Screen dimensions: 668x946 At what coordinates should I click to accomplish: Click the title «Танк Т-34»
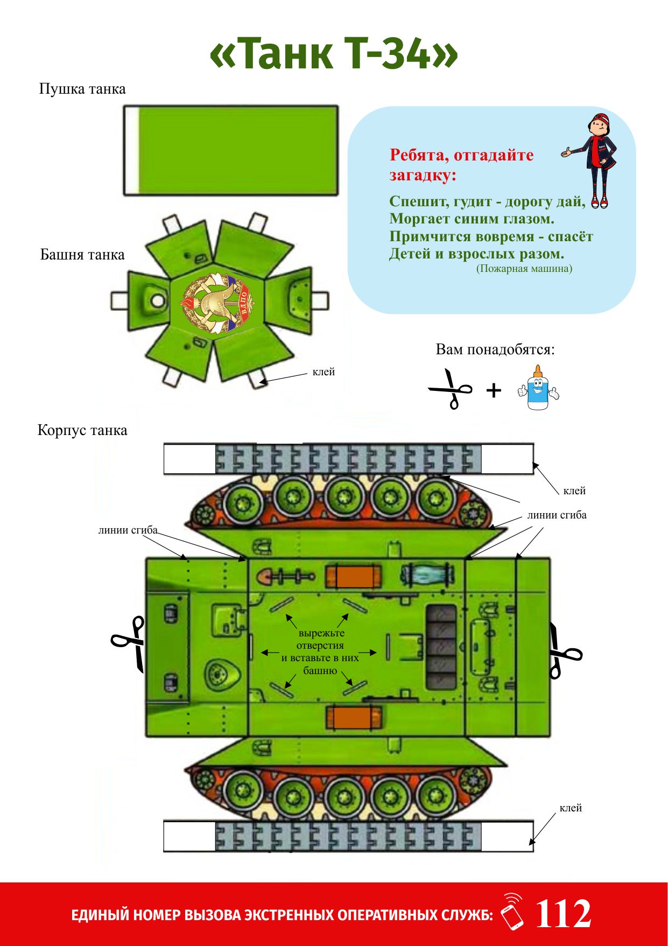(x=334, y=54)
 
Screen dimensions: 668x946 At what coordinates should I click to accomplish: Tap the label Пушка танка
(x=82, y=89)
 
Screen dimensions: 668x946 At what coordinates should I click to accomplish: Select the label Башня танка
(x=82, y=255)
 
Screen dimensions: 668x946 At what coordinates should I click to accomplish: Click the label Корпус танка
(x=82, y=430)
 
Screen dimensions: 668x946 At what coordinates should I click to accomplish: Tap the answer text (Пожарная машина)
(x=524, y=268)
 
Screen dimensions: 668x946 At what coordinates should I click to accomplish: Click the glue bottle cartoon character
(x=538, y=387)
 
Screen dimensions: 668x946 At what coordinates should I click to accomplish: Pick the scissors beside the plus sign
(x=451, y=389)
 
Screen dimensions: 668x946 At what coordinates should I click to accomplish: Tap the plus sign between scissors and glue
(x=494, y=390)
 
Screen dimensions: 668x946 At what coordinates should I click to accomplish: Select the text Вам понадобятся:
(x=495, y=349)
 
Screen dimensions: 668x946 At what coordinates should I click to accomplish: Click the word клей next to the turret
(x=324, y=372)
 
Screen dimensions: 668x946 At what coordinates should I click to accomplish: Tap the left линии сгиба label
(x=128, y=530)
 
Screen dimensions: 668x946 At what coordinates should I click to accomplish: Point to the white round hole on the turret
(x=158, y=300)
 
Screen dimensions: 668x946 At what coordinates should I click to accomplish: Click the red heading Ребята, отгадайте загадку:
(x=461, y=165)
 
